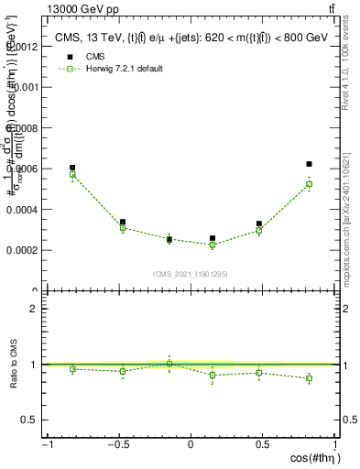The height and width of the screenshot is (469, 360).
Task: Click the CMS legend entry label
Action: [93, 57]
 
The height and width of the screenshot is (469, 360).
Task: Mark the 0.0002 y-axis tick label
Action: [25, 250]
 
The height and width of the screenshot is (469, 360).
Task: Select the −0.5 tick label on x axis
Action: [117, 445]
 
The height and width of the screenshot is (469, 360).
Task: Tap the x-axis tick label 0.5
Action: [264, 445]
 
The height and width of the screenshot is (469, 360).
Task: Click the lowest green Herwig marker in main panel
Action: [213, 245]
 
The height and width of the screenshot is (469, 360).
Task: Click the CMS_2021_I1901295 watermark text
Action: [191, 274]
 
